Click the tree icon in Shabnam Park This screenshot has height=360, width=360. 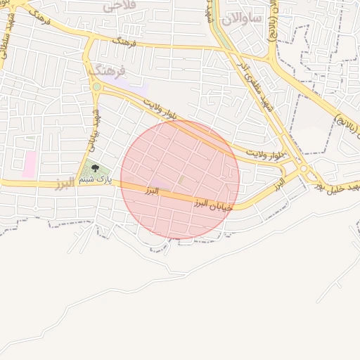click(x=96, y=168)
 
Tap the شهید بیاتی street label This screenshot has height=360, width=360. click(x=93, y=131)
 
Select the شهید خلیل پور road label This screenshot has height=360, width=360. click(x=337, y=184)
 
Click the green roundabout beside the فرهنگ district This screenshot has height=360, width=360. click(x=96, y=87)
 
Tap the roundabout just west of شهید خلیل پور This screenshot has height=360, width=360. click(x=304, y=169)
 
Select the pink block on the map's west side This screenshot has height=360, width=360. click(x=29, y=164)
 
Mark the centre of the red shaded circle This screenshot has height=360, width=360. click(x=180, y=179)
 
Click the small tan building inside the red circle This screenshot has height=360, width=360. click(x=181, y=181)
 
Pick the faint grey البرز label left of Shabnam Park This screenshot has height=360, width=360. click(x=65, y=184)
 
